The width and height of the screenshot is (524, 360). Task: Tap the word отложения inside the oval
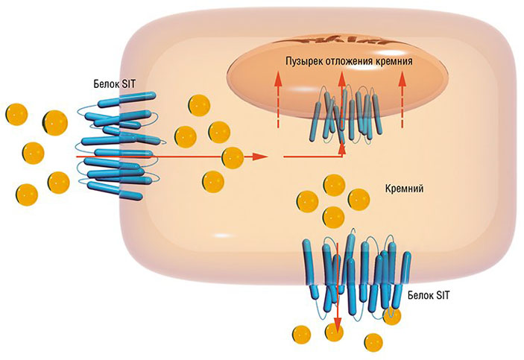[352, 60]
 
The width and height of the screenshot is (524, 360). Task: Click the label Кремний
[405, 189]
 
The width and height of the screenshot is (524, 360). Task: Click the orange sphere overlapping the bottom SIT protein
[390, 315]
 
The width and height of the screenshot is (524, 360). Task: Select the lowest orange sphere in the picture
[373, 343]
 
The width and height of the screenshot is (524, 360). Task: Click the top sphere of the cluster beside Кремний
[334, 184]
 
